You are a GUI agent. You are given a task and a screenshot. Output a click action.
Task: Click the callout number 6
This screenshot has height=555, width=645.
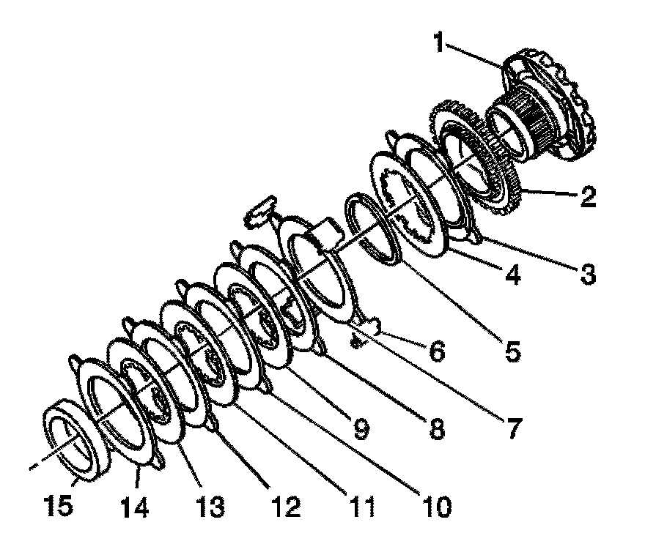(435, 352)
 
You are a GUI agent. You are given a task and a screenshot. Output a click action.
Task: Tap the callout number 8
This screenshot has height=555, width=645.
(436, 430)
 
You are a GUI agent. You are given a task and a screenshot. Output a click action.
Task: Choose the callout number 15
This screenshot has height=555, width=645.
(58, 504)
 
